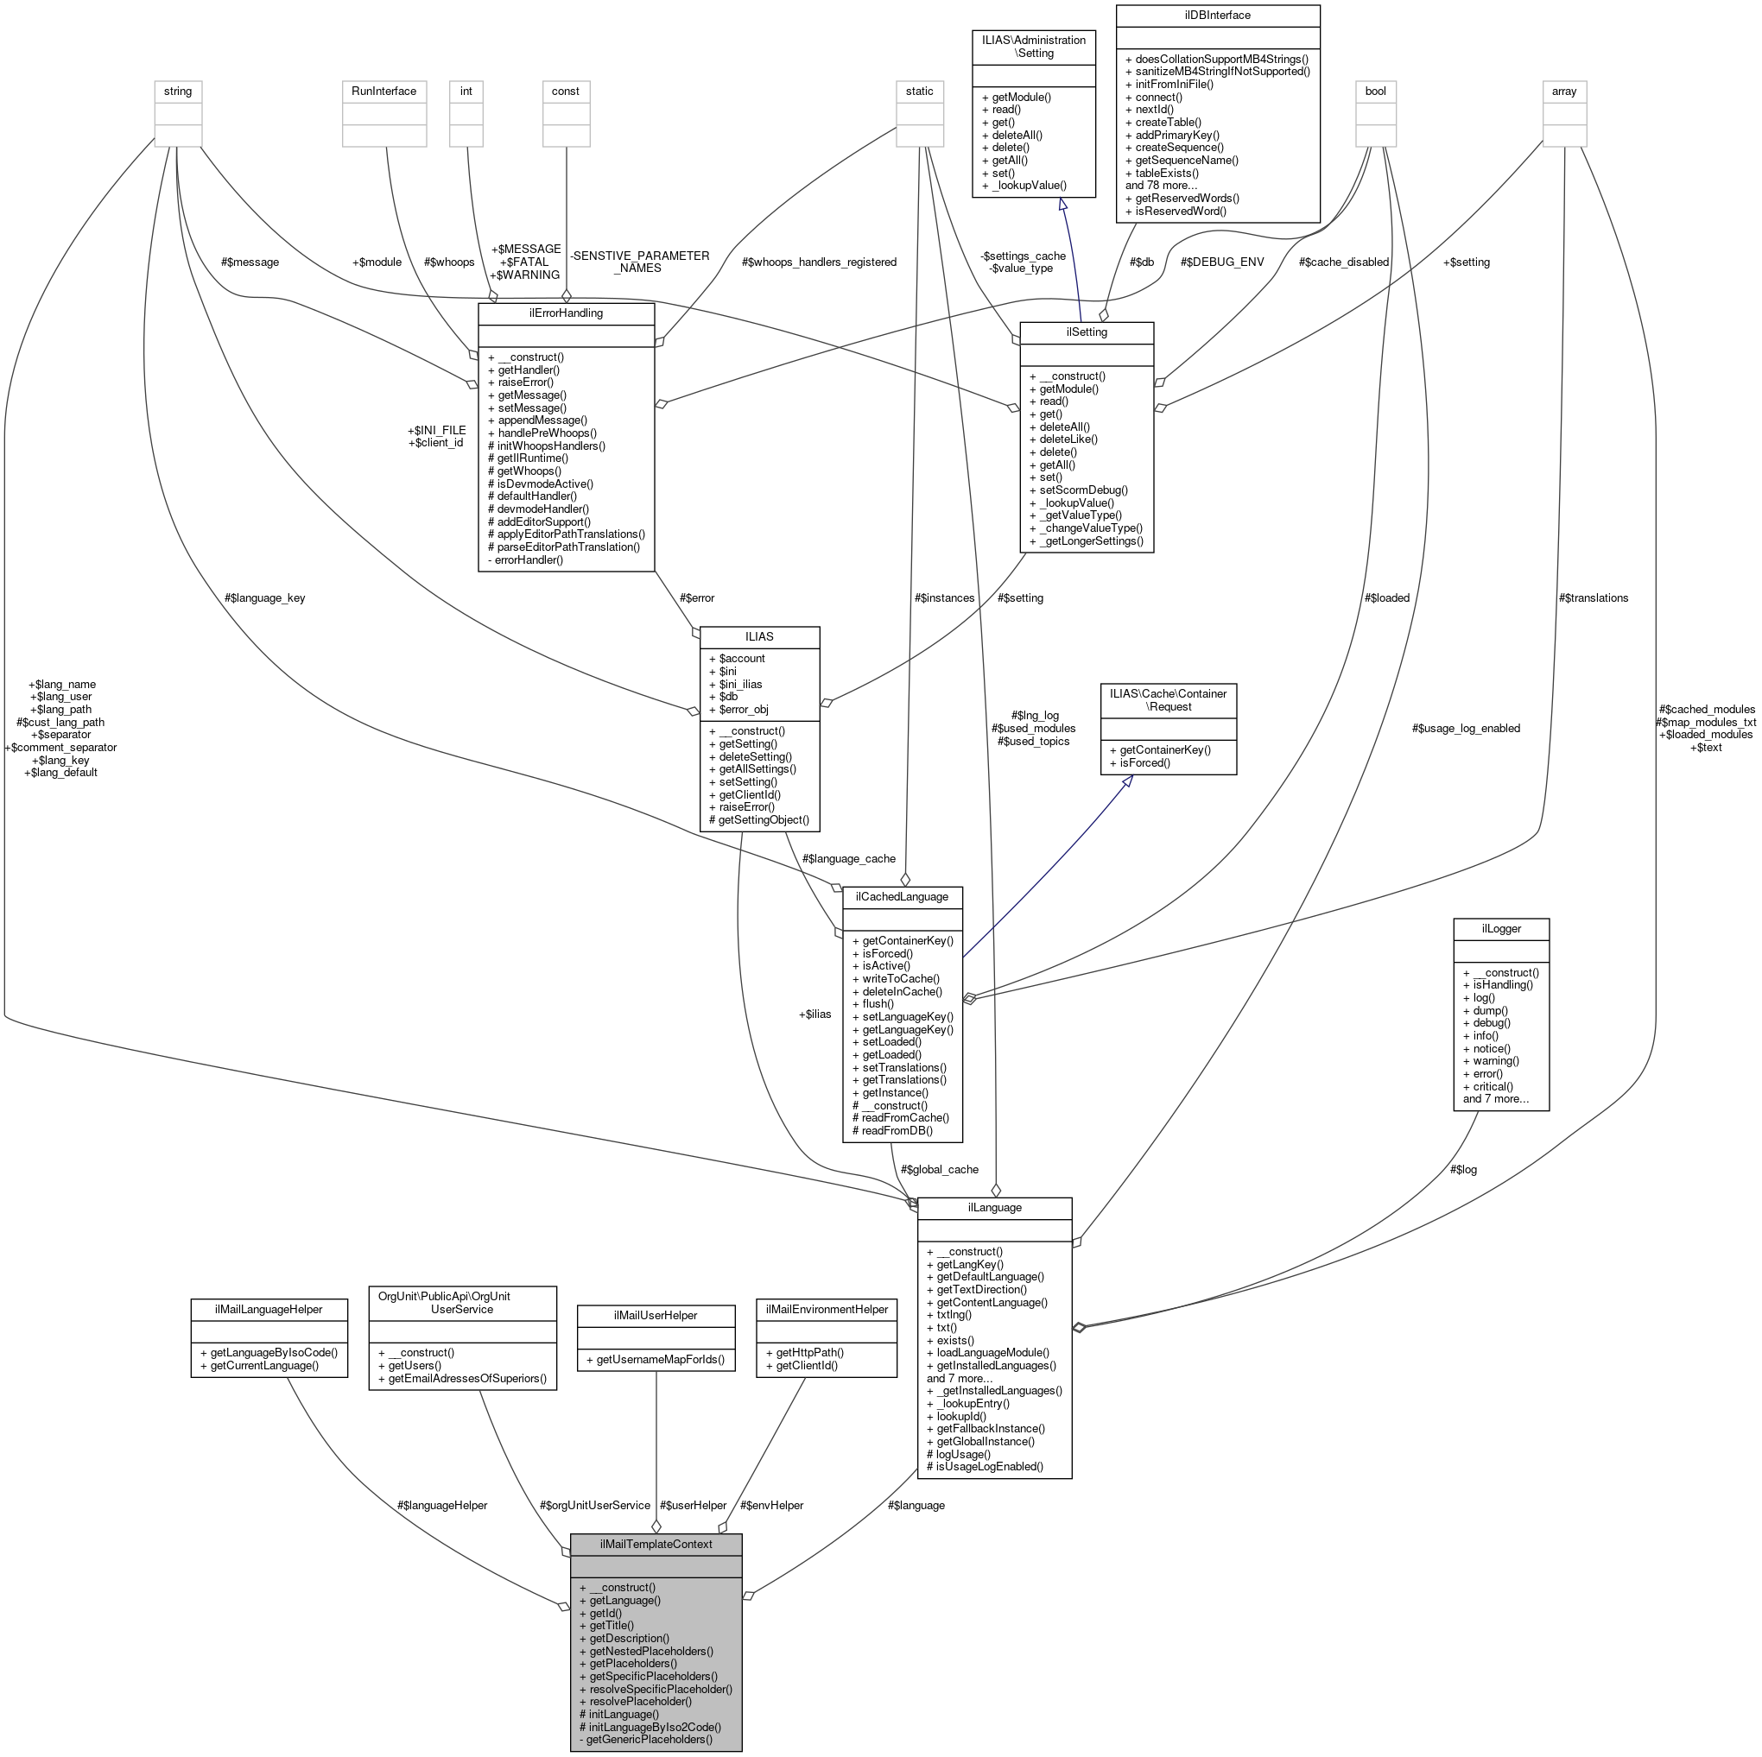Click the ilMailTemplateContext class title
[x=656, y=1545]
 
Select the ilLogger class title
[x=1500, y=927]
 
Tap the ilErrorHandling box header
[x=566, y=313]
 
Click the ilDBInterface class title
[x=1218, y=16]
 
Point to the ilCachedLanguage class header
[x=901, y=896]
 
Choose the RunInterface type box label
[x=384, y=92]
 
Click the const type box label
[x=566, y=92]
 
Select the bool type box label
[x=1374, y=92]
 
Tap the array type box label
[x=1564, y=92]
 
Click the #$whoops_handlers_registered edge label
[x=819, y=262]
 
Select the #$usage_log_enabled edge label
[x=1466, y=729]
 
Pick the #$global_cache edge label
[x=939, y=1169]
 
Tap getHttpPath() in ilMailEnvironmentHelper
[x=809, y=1353]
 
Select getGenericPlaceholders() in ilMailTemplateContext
[x=649, y=1740]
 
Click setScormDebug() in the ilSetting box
[x=1082, y=490]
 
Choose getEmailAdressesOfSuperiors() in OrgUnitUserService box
[x=467, y=1379]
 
